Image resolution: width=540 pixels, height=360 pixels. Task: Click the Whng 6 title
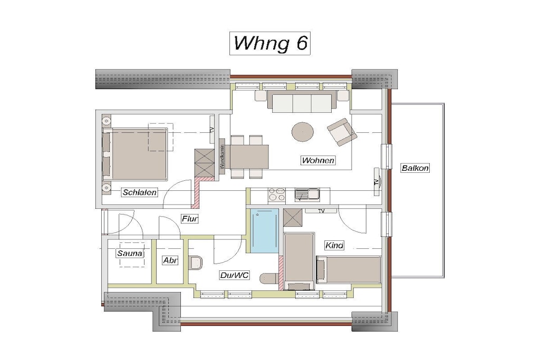(270, 43)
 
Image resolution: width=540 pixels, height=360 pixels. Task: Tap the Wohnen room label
(318, 160)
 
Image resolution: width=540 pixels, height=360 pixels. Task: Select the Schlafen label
(139, 192)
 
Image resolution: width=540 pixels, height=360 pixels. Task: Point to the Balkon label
(415, 168)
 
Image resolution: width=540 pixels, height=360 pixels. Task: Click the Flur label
(190, 219)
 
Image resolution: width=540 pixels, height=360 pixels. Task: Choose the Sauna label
(130, 254)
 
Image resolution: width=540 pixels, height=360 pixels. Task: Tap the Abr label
(170, 260)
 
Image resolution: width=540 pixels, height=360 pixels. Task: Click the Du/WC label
(234, 275)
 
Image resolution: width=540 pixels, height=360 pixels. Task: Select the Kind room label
(334, 246)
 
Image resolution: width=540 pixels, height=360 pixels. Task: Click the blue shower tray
(265, 230)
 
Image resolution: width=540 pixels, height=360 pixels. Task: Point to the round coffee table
(303, 132)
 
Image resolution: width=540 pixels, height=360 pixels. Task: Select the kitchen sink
(307, 195)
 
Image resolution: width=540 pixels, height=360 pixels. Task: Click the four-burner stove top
(277, 195)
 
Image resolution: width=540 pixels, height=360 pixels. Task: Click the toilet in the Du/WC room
(196, 264)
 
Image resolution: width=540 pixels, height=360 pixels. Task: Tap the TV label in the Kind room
(321, 211)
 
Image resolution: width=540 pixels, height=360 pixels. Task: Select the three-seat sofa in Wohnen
(302, 102)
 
